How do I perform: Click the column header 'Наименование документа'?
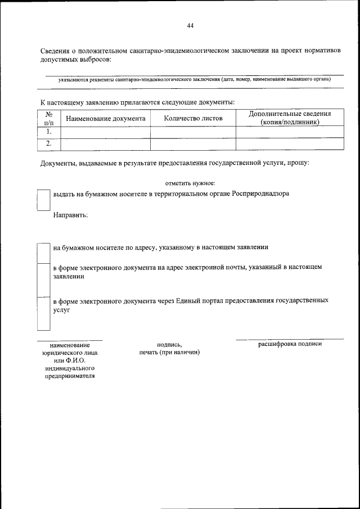(106, 119)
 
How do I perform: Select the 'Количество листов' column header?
(193, 119)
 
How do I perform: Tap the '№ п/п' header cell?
(48, 118)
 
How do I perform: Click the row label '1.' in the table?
(49, 132)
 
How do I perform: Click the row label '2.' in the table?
(49, 143)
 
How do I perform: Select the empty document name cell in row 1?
(105, 132)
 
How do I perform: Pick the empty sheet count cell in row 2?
(193, 143)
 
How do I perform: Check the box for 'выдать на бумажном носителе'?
(43, 199)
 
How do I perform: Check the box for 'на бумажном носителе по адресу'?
(43, 253)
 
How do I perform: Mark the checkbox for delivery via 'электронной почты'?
(43, 280)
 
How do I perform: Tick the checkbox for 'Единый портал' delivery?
(43, 313)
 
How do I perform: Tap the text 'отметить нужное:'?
(190, 183)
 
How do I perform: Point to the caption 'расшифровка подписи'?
(290, 344)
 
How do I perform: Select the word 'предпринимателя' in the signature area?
(70, 376)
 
